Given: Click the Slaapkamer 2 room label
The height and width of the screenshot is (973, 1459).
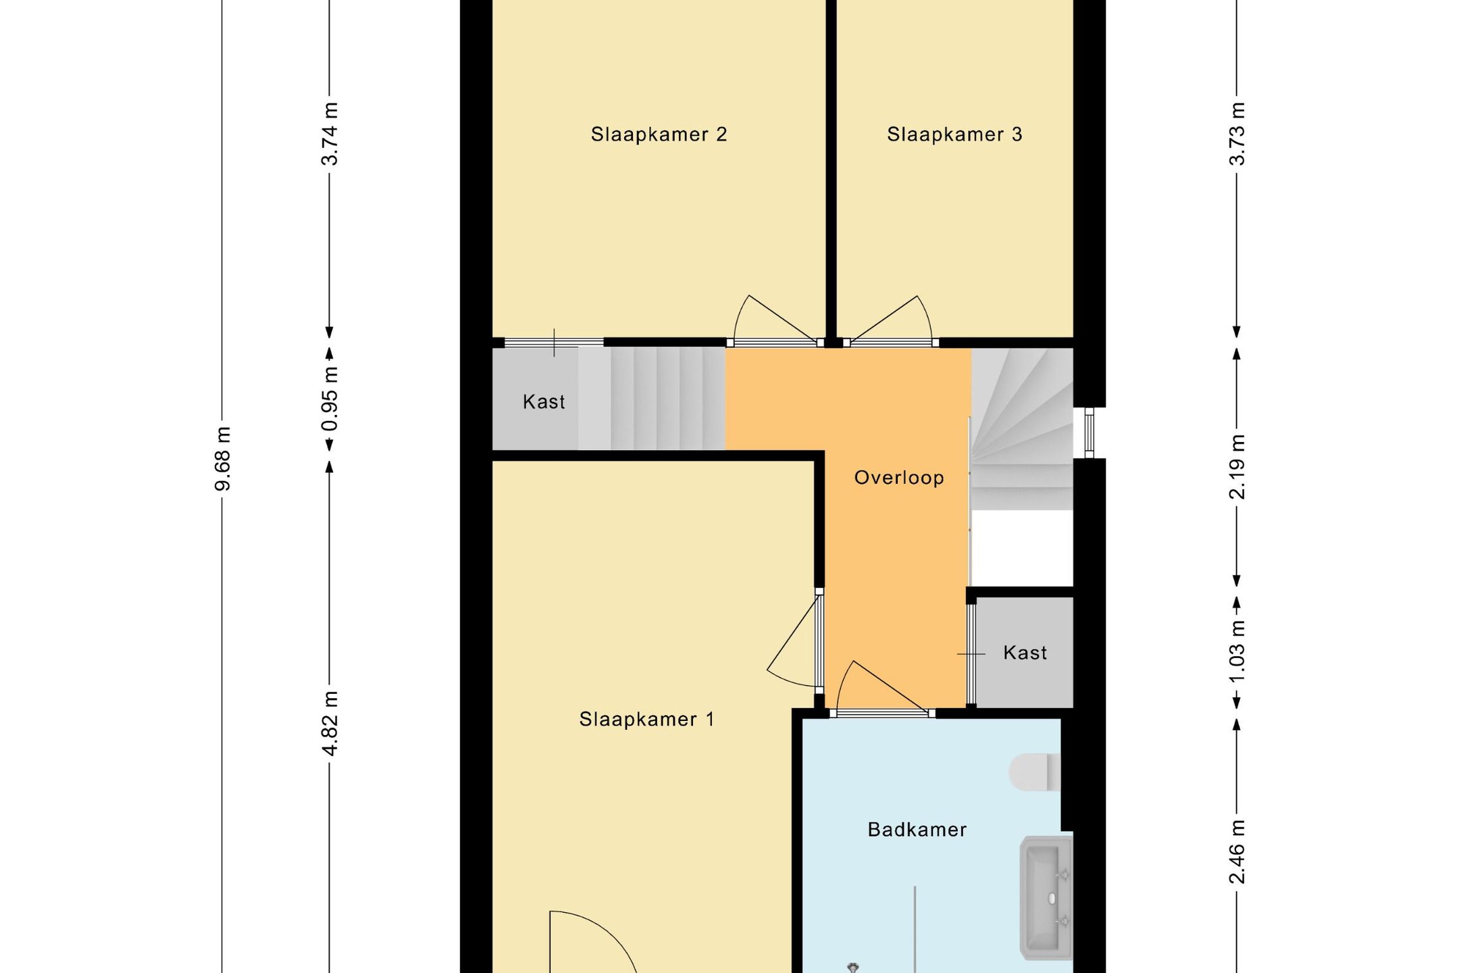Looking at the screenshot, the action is pyautogui.click(x=659, y=134).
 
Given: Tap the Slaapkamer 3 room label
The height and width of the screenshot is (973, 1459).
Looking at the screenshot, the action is pyautogui.click(x=954, y=134).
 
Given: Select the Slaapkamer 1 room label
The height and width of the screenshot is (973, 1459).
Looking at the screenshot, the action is pyautogui.click(x=646, y=719).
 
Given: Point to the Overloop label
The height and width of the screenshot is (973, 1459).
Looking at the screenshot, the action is pyautogui.click(x=899, y=478).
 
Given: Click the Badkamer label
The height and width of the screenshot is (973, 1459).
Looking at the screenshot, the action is pyautogui.click(x=917, y=829).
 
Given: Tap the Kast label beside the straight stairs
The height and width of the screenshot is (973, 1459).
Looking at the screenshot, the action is pyautogui.click(x=544, y=402).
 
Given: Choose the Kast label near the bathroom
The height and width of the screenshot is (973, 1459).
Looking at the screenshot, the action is pyautogui.click(x=1025, y=653).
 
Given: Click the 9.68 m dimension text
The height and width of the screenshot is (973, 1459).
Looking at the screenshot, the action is pyautogui.click(x=222, y=459).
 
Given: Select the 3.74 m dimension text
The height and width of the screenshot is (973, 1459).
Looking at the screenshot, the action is pyautogui.click(x=330, y=134).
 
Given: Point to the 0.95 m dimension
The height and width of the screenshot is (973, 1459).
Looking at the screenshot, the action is pyautogui.click(x=330, y=399).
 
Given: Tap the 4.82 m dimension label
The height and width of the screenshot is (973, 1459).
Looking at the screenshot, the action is pyautogui.click(x=330, y=724).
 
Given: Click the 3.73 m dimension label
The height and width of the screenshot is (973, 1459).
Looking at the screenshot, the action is pyautogui.click(x=1237, y=134).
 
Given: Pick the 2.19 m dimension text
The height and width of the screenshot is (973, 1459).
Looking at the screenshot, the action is pyautogui.click(x=1237, y=467).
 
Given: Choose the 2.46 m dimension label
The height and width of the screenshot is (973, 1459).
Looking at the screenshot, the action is pyautogui.click(x=1237, y=851).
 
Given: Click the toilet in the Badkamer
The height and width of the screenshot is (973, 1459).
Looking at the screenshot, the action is pyautogui.click(x=1035, y=772).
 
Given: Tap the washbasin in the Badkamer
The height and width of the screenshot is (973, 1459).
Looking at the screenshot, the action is pyautogui.click(x=1046, y=898).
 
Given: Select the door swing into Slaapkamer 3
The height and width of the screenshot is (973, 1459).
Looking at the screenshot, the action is pyautogui.click(x=891, y=320).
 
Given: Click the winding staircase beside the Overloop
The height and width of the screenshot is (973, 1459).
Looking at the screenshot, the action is pyautogui.click(x=1021, y=429).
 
